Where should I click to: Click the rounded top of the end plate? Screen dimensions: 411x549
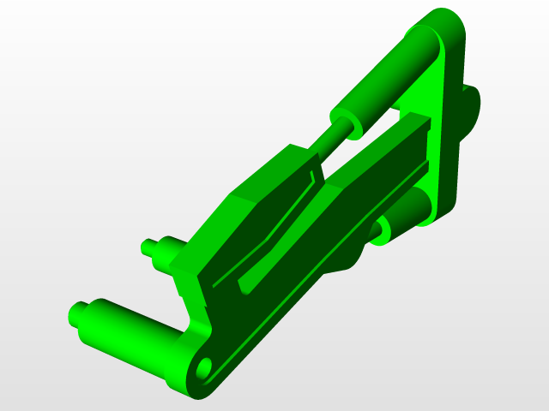[x=446, y=21]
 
